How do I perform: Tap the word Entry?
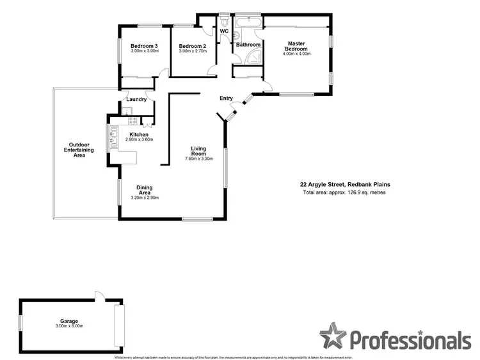227,98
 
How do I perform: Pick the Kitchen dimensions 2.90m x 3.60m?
139,139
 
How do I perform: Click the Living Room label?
198,152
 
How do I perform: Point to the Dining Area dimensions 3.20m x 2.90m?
145,198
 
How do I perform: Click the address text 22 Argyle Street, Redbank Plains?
345,185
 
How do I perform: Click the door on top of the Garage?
98,296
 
